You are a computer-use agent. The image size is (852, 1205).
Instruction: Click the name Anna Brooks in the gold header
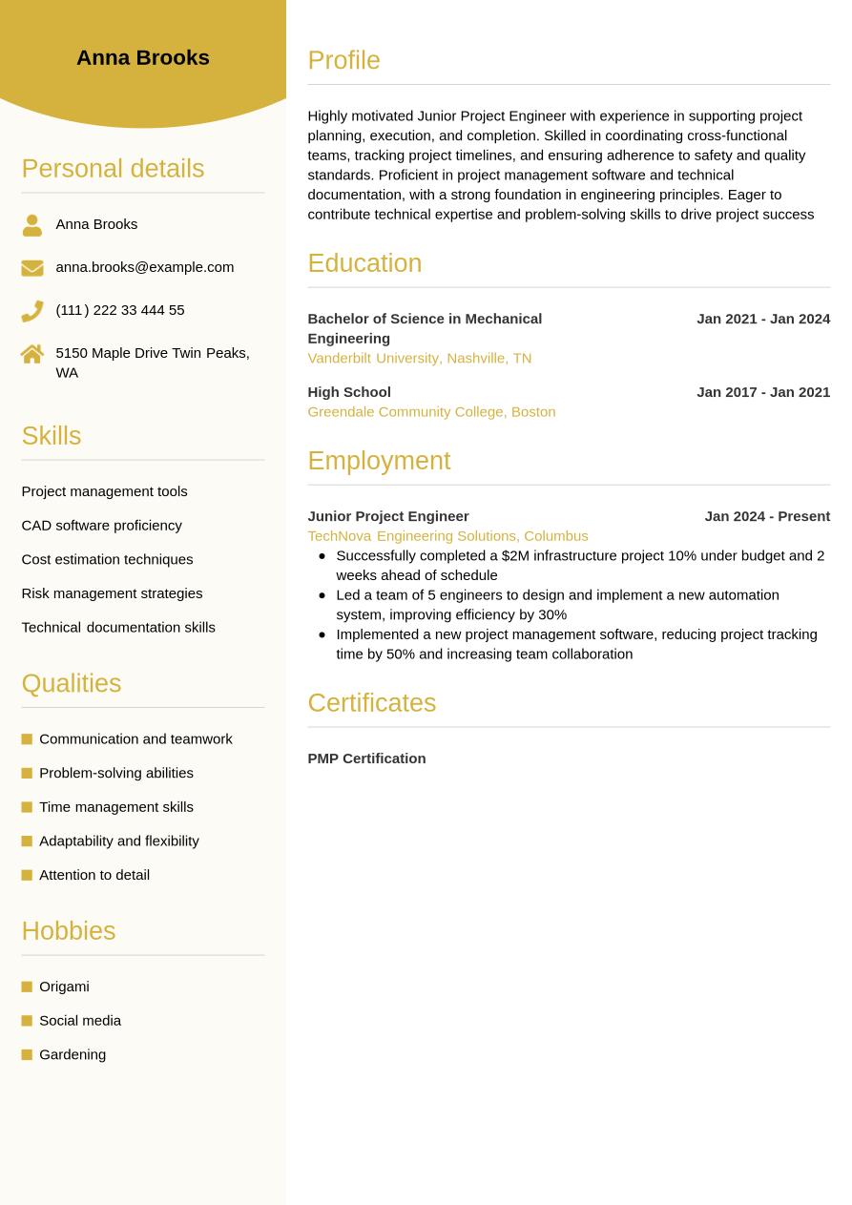[x=142, y=57]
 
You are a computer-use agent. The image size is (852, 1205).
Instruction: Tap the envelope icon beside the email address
[x=32, y=268]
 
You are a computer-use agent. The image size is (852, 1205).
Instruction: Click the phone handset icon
[x=32, y=310]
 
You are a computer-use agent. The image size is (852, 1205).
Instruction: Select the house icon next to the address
[x=32, y=354]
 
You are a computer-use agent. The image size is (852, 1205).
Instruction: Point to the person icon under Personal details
[x=32, y=225]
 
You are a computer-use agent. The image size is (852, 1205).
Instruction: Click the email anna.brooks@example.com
[x=144, y=267]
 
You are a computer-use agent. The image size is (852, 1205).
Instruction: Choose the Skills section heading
[x=52, y=436]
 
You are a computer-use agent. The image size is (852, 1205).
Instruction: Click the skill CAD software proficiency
[x=101, y=526]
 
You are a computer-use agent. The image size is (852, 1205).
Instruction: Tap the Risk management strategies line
[x=112, y=593]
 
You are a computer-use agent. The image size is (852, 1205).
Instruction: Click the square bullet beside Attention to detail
[x=27, y=875]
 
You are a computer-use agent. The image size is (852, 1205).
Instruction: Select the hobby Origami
[x=64, y=987]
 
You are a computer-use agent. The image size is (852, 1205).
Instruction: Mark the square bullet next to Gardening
[x=27, y=1054]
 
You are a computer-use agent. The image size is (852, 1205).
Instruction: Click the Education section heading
[x=364, y=263]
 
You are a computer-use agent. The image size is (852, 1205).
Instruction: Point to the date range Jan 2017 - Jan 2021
[x=762, y=392]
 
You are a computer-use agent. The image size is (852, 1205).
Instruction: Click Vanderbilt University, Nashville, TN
[x=419, y=358]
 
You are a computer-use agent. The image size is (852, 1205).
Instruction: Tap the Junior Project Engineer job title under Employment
[x=387, y=516]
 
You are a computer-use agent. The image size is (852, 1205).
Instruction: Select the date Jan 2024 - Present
[x=766, y=516]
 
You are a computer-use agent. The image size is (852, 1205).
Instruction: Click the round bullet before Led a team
[x=322, y=594]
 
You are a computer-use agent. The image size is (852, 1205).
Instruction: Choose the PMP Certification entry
[x=366, y=758]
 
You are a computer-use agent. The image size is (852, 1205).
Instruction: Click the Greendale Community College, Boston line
[x=431, y=412]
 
